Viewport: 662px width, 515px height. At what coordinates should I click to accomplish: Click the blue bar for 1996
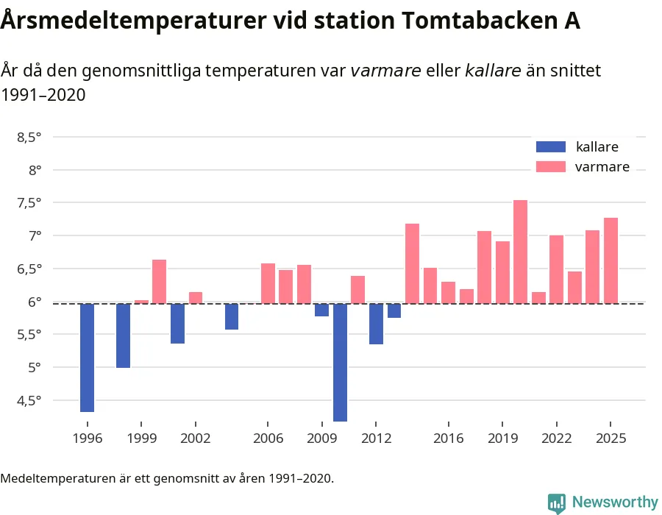click(x=87, y=358)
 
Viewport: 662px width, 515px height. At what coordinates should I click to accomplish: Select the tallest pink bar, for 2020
click(x=520, y=252)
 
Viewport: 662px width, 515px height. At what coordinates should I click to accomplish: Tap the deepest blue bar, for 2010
click(x=340, y=362)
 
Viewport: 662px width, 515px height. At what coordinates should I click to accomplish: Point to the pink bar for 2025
click(x=611, y=260)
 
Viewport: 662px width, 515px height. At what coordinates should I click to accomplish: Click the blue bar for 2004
click(x=232, y=316)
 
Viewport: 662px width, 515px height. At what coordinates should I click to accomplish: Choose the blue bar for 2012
click(x=376, y=324)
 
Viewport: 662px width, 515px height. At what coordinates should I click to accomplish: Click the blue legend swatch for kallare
click(x=551, y=146)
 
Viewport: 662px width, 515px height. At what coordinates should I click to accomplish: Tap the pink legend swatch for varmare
click(x=551, y=167)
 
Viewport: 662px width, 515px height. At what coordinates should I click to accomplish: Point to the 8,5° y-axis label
click(x=29, y=137)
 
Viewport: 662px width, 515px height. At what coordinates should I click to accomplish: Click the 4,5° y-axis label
click(x=29, y=400)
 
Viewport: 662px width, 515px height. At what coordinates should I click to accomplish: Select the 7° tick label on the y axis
click(x=35, y=235)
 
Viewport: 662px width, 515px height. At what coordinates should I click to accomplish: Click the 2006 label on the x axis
click(x=268, y=438)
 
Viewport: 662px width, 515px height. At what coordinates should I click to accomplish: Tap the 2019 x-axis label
click(x=502, y=438)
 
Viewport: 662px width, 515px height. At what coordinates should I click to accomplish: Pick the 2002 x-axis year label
click(x=195, y=438)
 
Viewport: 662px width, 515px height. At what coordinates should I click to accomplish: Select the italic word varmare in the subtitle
click(x=385, y=71)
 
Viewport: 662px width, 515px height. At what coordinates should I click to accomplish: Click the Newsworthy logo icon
click(x=557, y=502)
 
